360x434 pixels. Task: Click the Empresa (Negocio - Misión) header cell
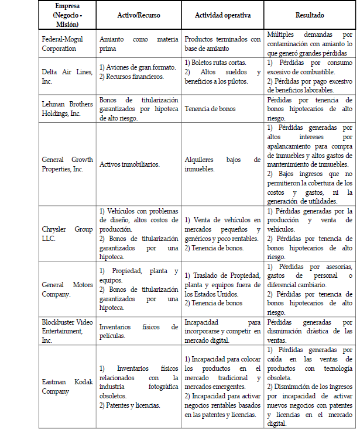67,16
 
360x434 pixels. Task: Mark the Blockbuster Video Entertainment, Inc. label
67,331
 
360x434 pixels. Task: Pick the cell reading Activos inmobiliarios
129,164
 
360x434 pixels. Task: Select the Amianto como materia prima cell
138,44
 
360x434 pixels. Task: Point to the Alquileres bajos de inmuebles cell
222,164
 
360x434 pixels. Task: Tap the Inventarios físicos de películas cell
138,331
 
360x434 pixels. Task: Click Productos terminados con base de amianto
222,44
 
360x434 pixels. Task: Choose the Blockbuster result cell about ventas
310,331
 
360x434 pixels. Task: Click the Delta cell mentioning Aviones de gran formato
138,72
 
